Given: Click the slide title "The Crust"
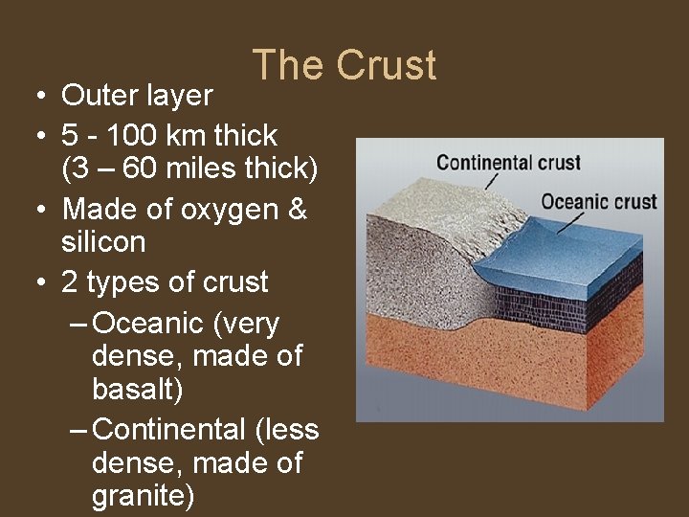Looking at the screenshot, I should (344, 65).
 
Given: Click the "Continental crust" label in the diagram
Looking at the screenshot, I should (508, 162).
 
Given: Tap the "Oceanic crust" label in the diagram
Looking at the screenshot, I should (599, 201).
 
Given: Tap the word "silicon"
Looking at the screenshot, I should (102, 242).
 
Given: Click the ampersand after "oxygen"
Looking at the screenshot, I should (297, 210).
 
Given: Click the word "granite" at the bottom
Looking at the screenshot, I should (143, 496).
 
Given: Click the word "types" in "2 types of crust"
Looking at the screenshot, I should (122, 282).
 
